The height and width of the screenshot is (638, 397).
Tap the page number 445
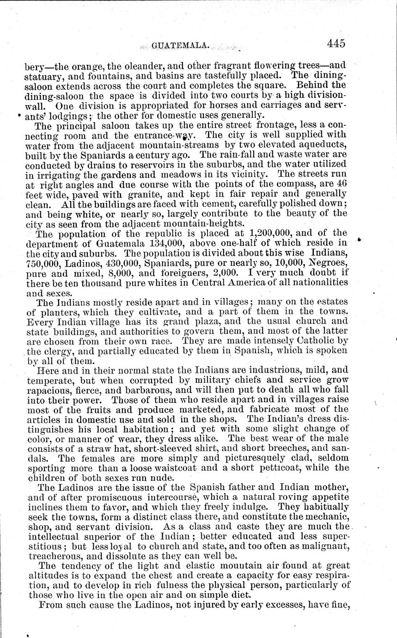click(336, 43)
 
